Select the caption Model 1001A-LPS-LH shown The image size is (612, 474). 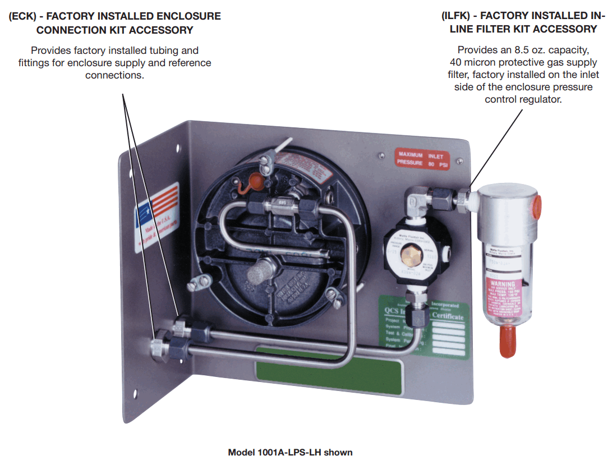click(290, 452)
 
